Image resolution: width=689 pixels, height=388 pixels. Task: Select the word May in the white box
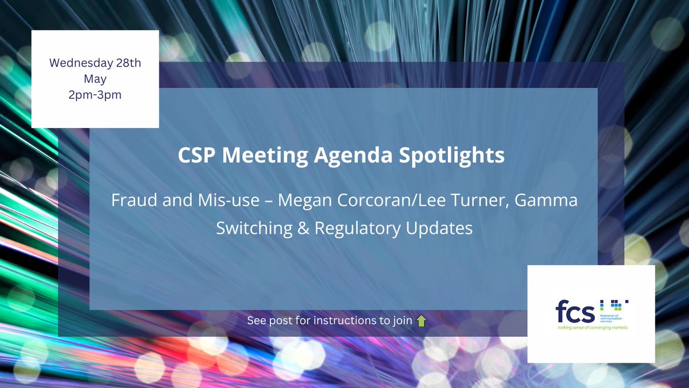pos(95,79)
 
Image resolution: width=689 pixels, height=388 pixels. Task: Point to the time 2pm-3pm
pos(95,95)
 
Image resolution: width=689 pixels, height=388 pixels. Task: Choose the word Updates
pos(439,228)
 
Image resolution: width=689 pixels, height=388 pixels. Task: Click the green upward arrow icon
pos(421,321)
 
